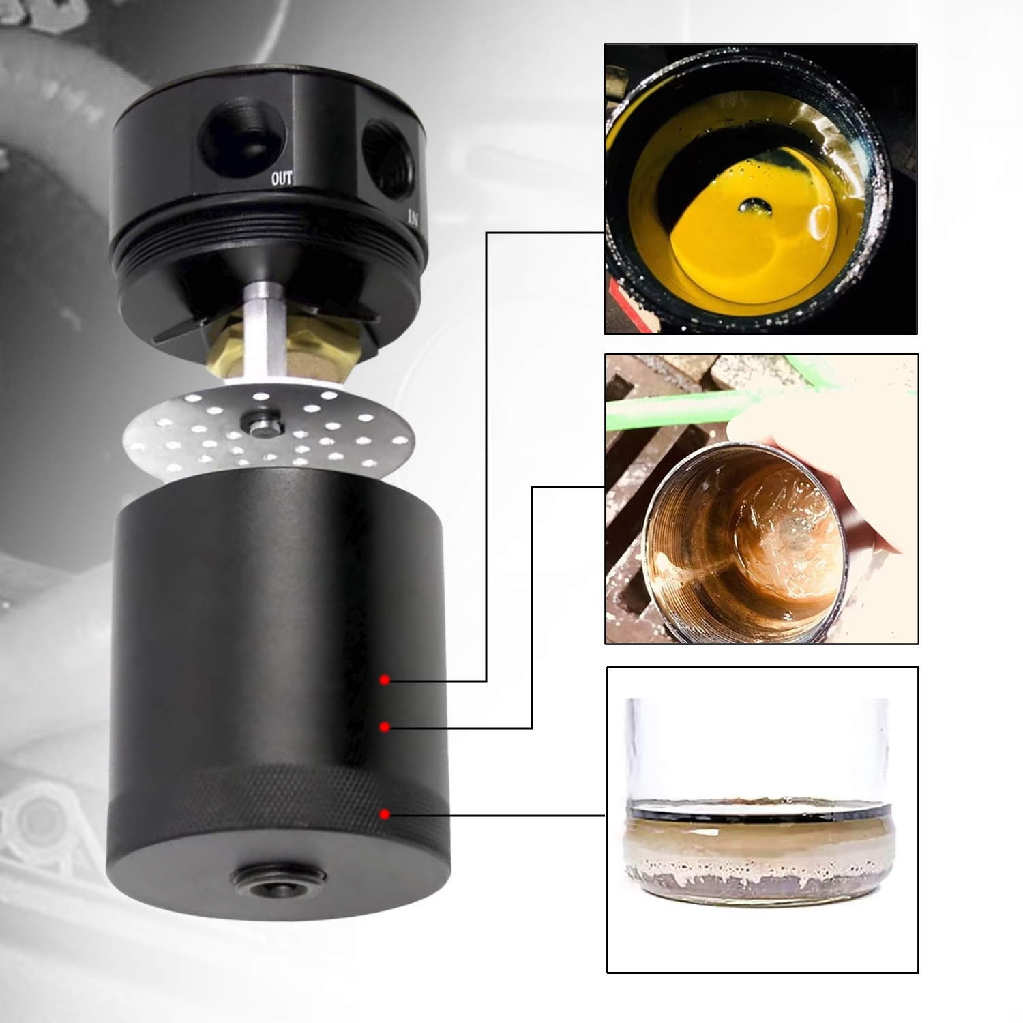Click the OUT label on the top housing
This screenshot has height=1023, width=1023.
(282, 179)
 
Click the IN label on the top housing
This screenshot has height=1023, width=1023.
(412, 218)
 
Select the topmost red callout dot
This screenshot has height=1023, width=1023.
(385, 680)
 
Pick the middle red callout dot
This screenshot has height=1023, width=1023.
(385, 727)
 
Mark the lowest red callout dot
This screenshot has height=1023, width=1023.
(385, 814)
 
